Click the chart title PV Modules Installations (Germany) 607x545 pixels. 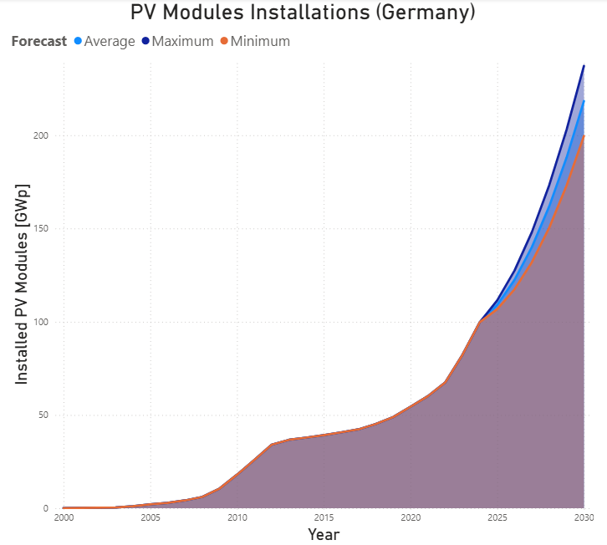point(303,13)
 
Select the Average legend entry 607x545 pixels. point(110,41)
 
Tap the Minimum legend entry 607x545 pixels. point(260,41)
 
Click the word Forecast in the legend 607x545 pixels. point(39,41)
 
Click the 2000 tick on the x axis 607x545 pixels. point(64,518)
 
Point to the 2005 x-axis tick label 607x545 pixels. point(150,518)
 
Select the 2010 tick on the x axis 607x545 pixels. point(237,518)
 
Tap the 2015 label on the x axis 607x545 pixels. point(324,518)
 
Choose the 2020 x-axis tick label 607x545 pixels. point(411,518)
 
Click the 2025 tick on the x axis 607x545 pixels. point(497,518)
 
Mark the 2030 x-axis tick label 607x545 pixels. point(584,518)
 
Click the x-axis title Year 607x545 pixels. point(324,533)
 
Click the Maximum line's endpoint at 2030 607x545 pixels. point(584,65)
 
